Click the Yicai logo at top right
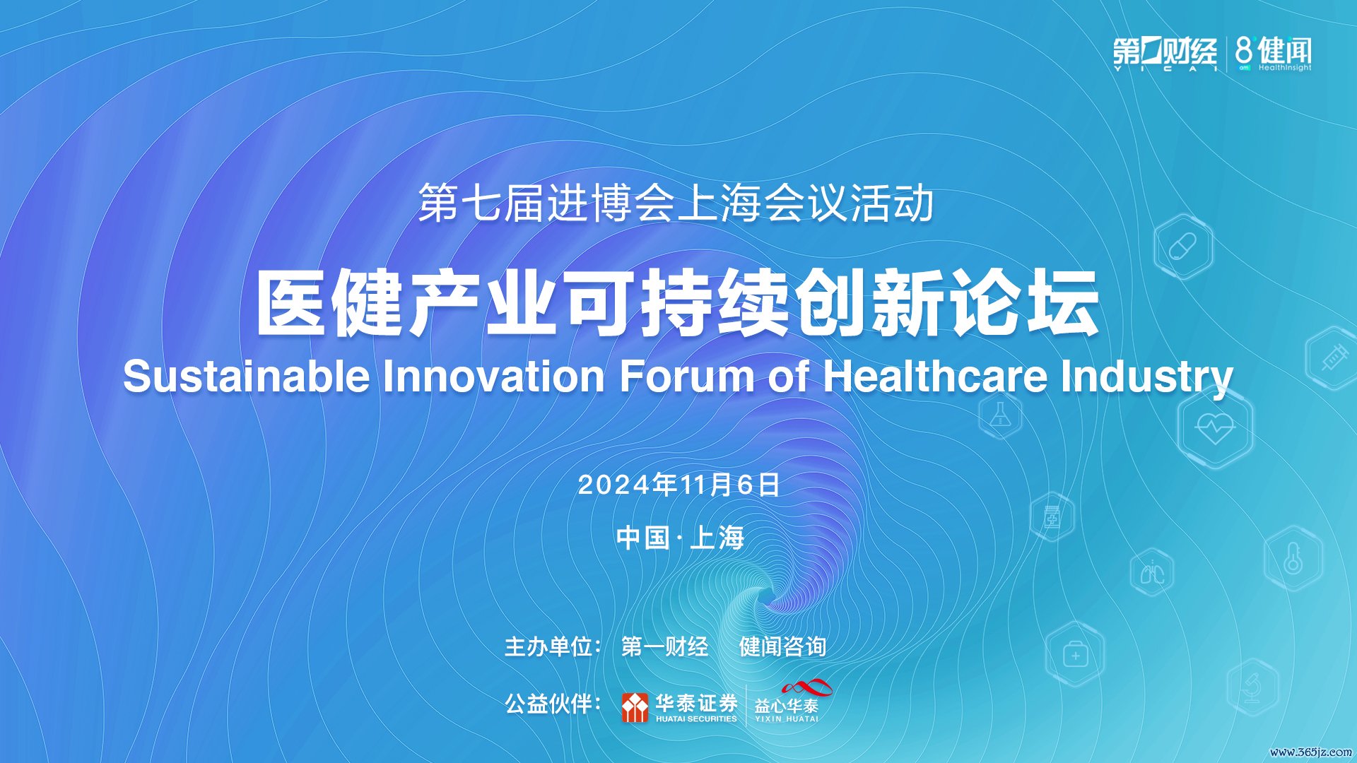click(1165, 54)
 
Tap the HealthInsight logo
click(1273, 54)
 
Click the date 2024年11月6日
click(678, 485)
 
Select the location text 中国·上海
click(680, 538)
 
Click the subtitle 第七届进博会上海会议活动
click(676, 203)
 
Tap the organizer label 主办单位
click(548, 646)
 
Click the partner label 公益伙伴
click(548, 704)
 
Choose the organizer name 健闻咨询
click(782, 646)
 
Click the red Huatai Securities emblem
click(635, 707)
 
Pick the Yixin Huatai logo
click(790, 701)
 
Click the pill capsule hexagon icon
click(1183, 247)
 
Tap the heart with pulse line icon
click(1215, 427)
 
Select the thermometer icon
click(1293, 559)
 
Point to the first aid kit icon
click(1075, 654)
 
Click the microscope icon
click(1252, 687)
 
